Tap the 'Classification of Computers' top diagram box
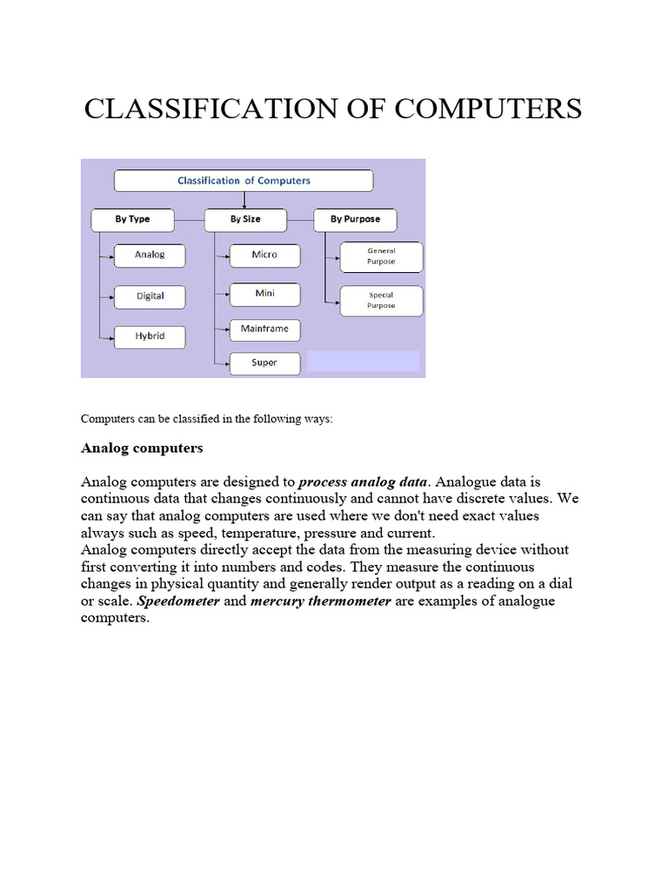244,181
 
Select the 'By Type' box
132,219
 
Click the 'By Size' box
245,219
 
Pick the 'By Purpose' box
355,219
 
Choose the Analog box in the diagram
150,256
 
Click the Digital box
150,296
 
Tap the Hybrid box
150,336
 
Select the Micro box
264,255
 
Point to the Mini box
264,294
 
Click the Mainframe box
264,330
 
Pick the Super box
264,363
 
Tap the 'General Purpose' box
381,256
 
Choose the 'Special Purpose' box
381,301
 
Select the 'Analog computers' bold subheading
142,448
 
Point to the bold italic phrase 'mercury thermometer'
320,601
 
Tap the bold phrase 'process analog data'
363,482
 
